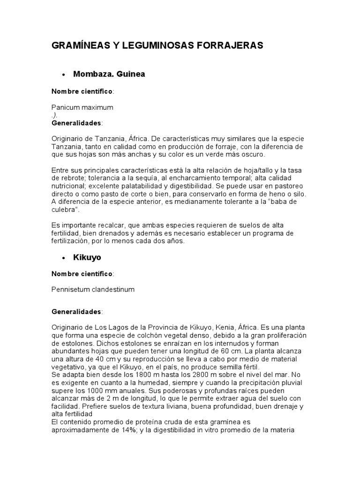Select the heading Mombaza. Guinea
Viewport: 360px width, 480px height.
109,74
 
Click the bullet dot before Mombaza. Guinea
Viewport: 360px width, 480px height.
63,75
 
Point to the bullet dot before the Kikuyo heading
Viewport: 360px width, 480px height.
63,258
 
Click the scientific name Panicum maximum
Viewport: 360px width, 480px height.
82,107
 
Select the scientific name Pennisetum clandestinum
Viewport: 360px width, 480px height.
93,289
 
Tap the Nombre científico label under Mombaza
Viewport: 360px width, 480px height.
82,91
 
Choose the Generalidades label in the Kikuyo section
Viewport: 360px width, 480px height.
76,311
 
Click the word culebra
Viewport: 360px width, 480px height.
64,210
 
